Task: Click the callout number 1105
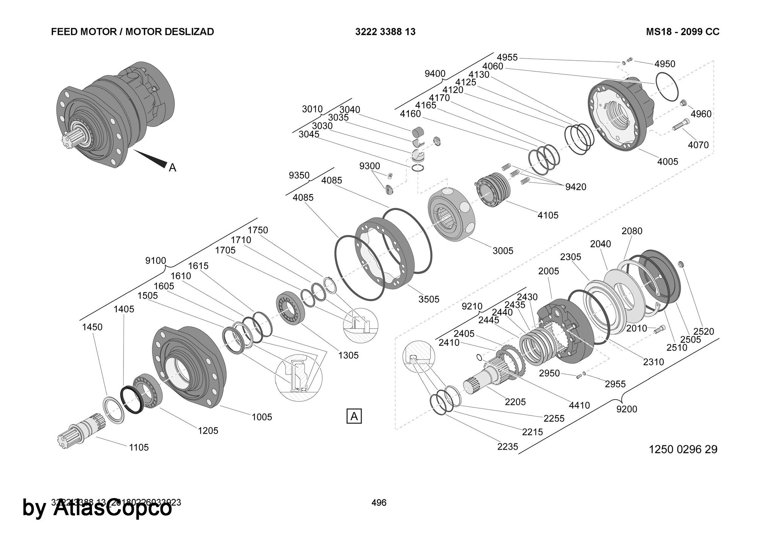(139, 447)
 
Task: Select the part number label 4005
(667, 161)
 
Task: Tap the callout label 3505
(429, 299)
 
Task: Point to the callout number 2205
(515, 402)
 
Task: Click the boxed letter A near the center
(354, 416)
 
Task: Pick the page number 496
(379, 503)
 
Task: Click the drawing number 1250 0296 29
(683, 449)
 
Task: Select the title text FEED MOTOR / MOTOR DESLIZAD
(132, 31)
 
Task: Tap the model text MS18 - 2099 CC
(683, 31)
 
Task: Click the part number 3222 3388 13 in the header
(385, 31)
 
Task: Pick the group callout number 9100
(155, 260)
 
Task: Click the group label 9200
(626, 409)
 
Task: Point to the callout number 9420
(575, 187)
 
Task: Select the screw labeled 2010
(659, 329)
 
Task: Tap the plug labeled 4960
(683, 103)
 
